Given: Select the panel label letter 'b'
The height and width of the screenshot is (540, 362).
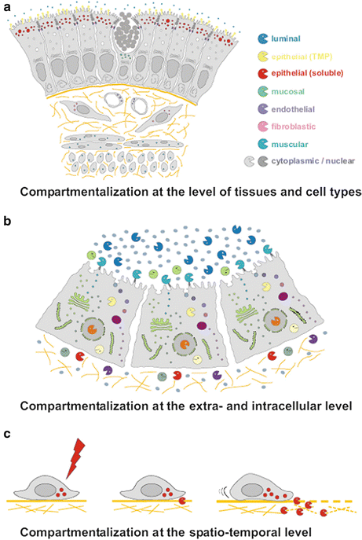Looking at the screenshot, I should (x=6, y=222).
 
